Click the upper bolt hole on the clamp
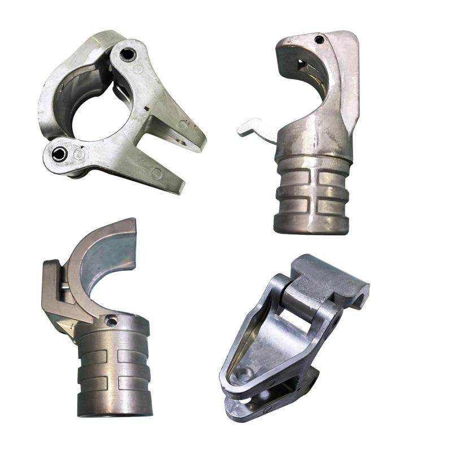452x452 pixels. pyautogui.click(x=128, y=54)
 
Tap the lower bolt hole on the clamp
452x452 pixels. pyautogui.click(x=58, y=154)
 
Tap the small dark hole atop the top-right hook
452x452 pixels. pyautogui.click(x=319, y=40)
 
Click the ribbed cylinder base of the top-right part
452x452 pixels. pyautogui.click(x=312, y=195)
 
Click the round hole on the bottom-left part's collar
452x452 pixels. pyautogui.click(x=111, y=321)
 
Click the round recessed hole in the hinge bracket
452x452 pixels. pyautogui.click(x=244, y=373)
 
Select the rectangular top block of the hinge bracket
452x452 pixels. pyautogui.click(x=333, y=280)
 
